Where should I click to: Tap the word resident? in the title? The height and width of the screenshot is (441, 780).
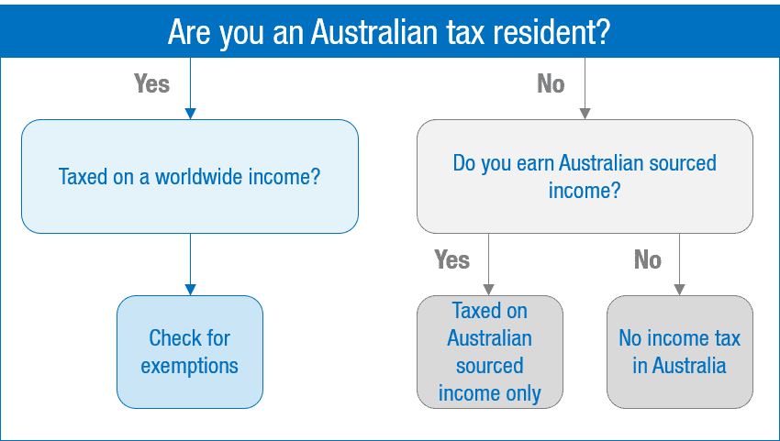[x=552, y=32]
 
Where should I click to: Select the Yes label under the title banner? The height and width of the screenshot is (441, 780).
[x=151, y=83]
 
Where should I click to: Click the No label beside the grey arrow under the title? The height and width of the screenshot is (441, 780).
[x=551, y=83]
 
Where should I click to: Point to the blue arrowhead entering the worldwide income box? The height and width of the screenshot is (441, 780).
[x=190, y=114]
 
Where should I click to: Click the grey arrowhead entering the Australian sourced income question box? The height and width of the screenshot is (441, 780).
[x=585, y=114]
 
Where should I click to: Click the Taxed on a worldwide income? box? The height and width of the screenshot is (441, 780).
[x=190, y=177]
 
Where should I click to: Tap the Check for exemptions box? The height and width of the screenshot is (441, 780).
[x=190, y=352]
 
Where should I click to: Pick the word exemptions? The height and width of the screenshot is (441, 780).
[x=190, y=367]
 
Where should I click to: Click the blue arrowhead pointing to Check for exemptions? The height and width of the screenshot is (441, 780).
[x=190, y=290]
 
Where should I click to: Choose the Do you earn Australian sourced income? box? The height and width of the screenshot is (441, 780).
[x=585, y=177]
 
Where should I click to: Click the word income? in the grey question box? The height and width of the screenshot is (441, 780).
[x=585, y=191]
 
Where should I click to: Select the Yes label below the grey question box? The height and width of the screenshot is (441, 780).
[x=451, y=259]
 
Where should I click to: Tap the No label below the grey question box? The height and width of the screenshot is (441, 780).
[x=648, y=259]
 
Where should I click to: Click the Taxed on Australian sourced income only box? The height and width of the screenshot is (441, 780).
[x=490, y=352]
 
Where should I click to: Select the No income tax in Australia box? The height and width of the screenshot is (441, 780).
[x=680, y=352]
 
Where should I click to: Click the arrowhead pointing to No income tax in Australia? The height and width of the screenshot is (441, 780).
[x=679, y=290]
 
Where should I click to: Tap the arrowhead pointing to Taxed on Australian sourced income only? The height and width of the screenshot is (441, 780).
[x=488, y=290]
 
